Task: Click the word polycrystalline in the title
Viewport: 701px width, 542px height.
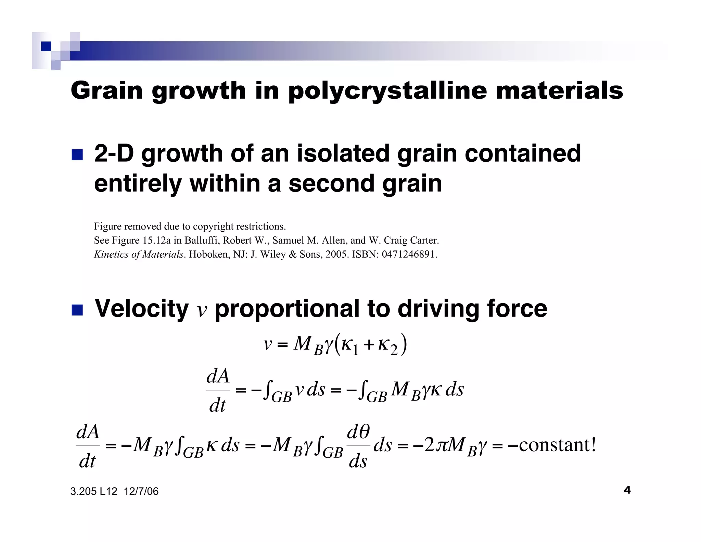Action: pos(387,91)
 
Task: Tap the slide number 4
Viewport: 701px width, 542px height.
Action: pos(627,490)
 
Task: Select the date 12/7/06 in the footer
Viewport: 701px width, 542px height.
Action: pos(141,491)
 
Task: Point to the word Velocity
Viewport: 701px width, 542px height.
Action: pos(141,308)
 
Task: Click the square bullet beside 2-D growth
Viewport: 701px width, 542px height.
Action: pos(77,155)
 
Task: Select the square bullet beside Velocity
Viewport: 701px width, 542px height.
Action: pos(77,310)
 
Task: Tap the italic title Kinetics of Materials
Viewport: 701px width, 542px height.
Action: pos(139,254)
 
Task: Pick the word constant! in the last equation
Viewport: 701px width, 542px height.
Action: pos(557,445)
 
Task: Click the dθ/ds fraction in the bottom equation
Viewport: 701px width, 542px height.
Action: pos(358,446)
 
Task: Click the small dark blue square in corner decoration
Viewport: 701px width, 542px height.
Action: pos(46,46)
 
